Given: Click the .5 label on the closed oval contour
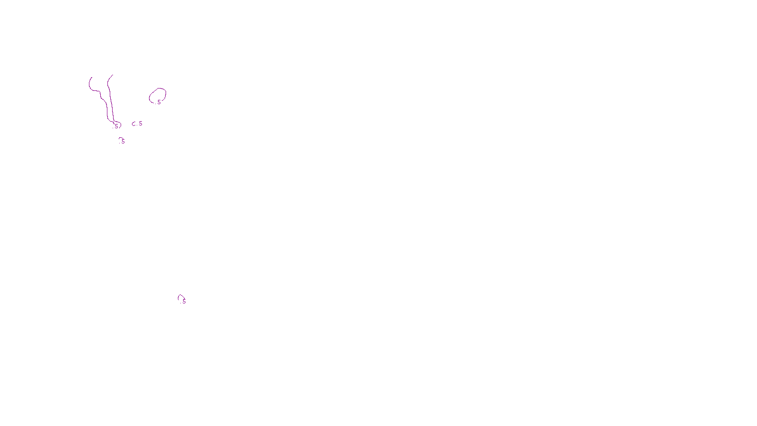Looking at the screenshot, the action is pos(158,102).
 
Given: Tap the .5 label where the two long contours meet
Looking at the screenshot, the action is pos(116,126).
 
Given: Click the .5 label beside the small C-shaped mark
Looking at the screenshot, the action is pos(140,124).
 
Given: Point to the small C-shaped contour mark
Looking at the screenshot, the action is pos(134,124).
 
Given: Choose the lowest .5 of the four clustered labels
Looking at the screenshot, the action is pos(123,142).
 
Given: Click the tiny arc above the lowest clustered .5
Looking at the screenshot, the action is pos(121,138).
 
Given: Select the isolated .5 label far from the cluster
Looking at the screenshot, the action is pos(184,301).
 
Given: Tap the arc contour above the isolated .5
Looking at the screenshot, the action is pos(180,296).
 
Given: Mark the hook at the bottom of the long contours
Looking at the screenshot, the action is pos(119,125).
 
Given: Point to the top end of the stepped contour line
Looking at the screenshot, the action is pos(91,78).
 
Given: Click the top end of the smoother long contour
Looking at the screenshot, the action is pos(112,75).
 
